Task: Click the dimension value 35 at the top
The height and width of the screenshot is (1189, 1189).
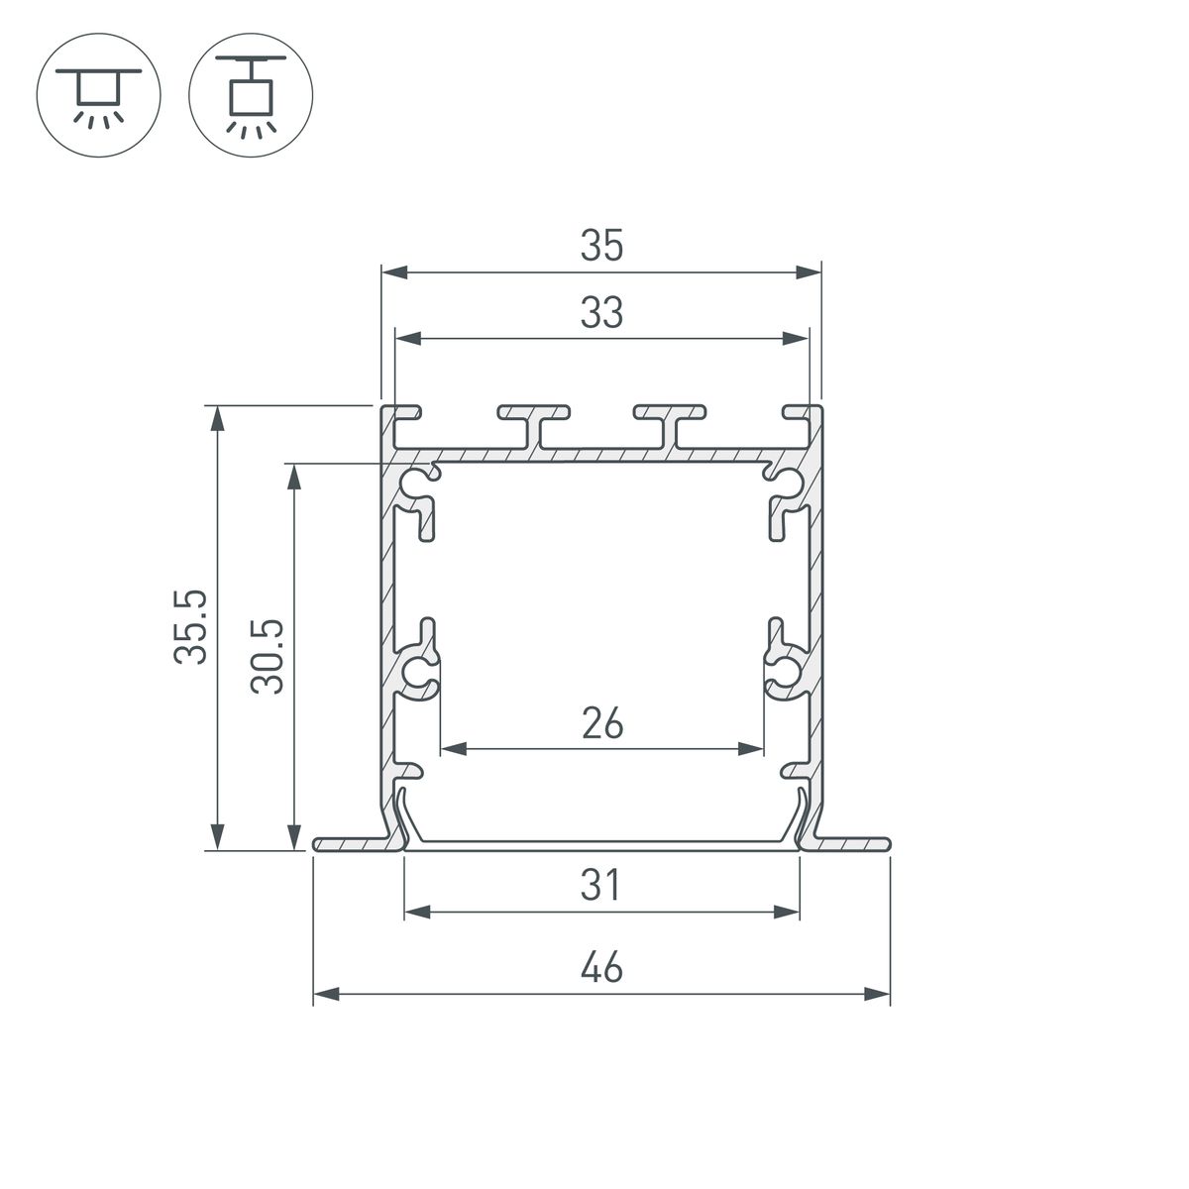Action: (x=601, y=246)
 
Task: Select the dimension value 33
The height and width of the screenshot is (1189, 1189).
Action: (x=601, y=313)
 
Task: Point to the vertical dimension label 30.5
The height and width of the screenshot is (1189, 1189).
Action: (x=268, y=656)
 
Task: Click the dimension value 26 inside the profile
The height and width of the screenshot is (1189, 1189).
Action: (x=601, y=724)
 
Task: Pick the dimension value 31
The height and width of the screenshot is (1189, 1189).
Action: (x=601, y=885)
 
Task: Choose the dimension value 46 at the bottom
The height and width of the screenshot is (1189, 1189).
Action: (x=601, y=967)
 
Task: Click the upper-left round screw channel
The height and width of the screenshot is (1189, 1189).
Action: (x=415, y=483)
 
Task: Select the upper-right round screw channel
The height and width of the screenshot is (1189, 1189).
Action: (x=788, y=483)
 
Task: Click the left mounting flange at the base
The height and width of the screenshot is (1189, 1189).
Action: (x=357, y=844)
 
